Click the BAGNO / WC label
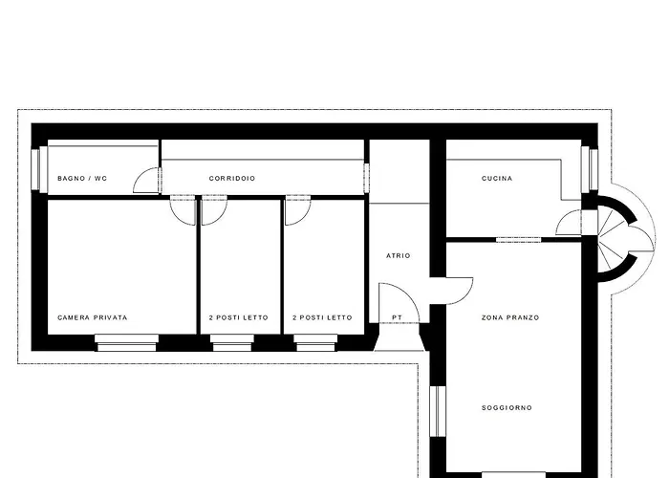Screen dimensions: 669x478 pos(82,179)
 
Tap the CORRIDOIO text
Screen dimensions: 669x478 pos(232,179)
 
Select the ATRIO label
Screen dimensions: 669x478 pos(399,255)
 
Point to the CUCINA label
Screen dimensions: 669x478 pos(497,179)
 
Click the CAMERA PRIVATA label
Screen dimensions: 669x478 pos(93,317)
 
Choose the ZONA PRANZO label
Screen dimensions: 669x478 pos(510,317)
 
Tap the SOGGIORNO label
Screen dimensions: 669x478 pos(507,407)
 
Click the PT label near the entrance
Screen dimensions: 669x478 pos(397,317)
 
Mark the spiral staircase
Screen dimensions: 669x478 pos(625,239)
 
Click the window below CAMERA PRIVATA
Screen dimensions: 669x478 pos(126,342)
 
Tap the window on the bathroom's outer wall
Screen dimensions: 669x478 pos(39,168)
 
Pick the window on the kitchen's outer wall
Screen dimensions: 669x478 pos(590,168)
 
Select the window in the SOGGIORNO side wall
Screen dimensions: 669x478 pos(438,411)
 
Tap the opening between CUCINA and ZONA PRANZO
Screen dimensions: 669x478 pos(518,240)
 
